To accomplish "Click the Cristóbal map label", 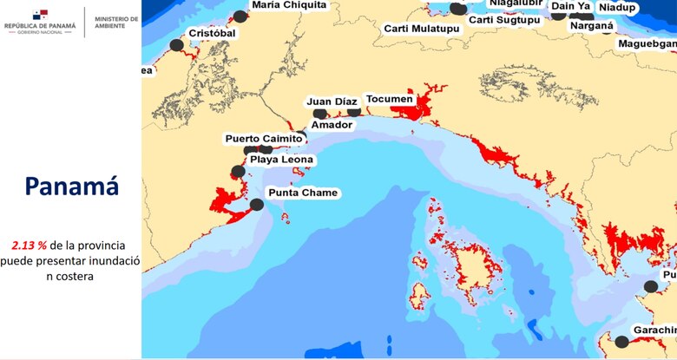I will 212,33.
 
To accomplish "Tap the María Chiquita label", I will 289,5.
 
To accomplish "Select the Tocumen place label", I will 389,100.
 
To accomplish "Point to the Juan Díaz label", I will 332,102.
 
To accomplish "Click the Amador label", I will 332,125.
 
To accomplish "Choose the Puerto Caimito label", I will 264,139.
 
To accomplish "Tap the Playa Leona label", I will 281,160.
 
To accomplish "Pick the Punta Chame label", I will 304,193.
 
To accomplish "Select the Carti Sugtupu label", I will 505,20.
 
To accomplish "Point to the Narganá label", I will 591,26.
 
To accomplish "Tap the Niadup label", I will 617,8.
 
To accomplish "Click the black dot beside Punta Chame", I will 257,205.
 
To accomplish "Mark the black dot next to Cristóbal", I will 177,45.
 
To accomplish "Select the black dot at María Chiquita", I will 240,16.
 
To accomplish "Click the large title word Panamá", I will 71,187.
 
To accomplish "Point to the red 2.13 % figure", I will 30,245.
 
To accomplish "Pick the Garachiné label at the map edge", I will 654,331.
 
